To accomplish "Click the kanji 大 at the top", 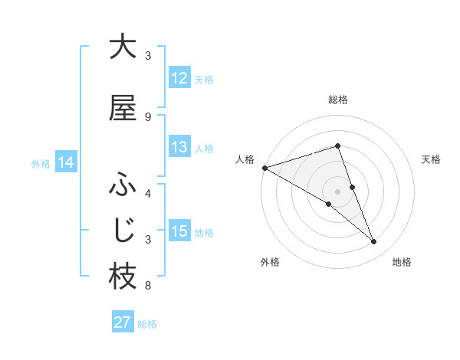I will coord(123,47).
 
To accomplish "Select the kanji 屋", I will coord(123,109).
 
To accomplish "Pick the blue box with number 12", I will coord(179,78).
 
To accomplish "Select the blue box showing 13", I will coord(179,147).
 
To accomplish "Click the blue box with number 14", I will coord(66,162).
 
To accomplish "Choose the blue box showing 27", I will coord(123,322).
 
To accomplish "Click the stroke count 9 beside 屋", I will coord(148,117).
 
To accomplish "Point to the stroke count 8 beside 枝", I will coord(148,286).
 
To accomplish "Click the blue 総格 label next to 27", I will coord(147,323).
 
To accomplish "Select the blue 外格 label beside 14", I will coord(41,163).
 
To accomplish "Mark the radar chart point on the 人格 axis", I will coord(264,167).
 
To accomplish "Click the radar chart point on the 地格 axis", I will coord(374,242).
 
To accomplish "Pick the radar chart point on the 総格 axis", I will coord(337,146).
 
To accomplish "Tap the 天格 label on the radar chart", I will coord(431,159).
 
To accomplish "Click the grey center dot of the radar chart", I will coord(337,191).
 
